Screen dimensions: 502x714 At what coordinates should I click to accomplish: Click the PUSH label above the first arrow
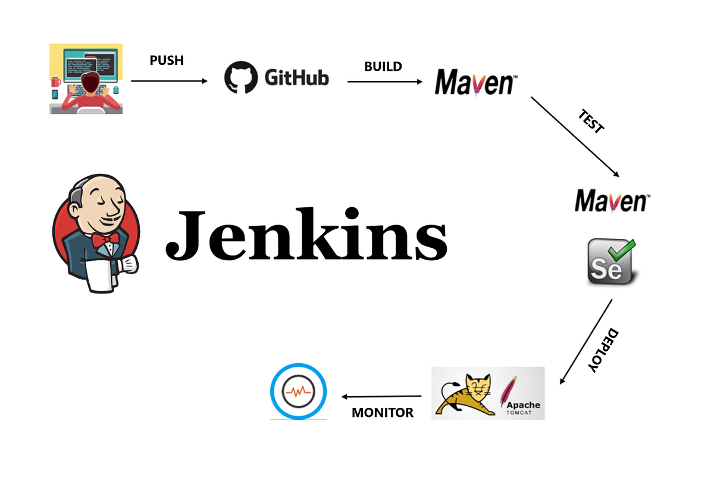(x=167, y=61)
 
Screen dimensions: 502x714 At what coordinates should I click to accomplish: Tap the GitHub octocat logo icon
(x=240, y=78)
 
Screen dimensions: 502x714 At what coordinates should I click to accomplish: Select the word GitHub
(x=296, y=78)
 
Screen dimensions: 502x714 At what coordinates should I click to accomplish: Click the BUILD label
(x=383, y=66)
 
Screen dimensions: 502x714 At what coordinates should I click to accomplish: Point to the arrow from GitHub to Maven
(x=384, y=81)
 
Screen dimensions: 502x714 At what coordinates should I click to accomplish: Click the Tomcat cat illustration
(x=468, y=394)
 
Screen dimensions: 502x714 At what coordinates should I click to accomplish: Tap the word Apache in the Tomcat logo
(x=523, y=404)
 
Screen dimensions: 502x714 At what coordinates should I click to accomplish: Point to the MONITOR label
(x=383, y=412)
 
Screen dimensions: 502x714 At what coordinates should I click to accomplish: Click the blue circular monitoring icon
(x=298, y=391)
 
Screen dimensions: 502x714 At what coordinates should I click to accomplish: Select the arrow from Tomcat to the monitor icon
(x=381, y=396)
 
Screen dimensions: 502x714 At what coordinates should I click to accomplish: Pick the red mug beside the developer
(x=56, y=82)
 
